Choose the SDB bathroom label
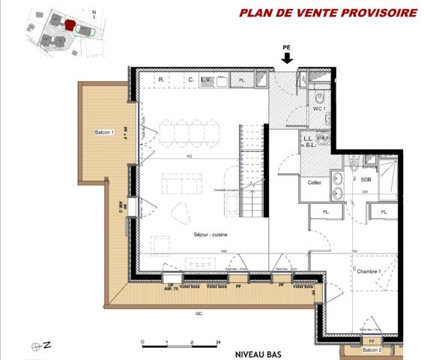coord(366,180)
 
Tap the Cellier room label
coord(315,182)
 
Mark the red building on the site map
coord(69,25)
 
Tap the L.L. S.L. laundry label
coord(309,142)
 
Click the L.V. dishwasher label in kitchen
coord(207,79)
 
